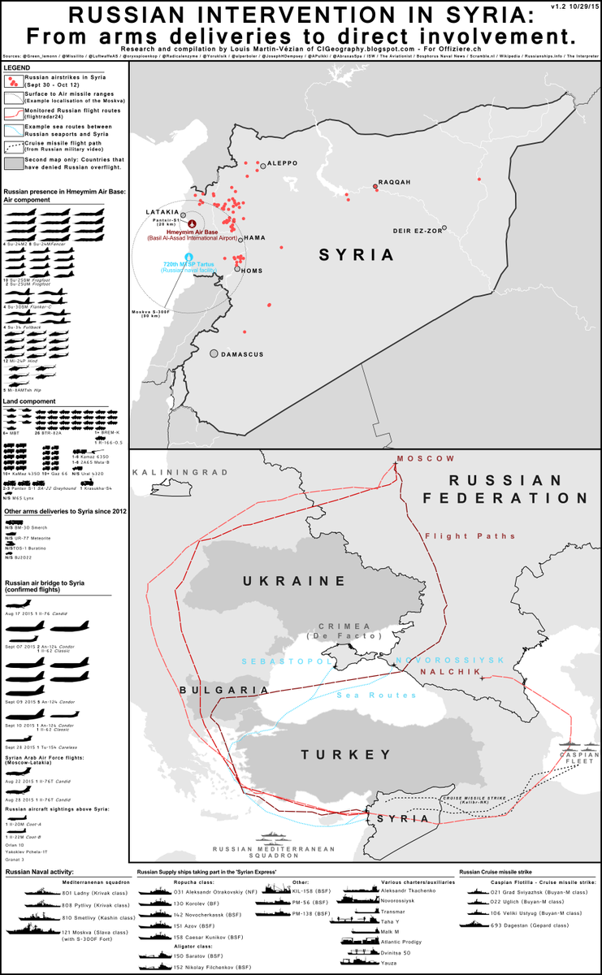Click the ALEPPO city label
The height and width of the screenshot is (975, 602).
click(283, 163)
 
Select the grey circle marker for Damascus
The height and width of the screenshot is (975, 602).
click(214, 353)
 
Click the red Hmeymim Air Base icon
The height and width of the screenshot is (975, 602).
click(192, 223)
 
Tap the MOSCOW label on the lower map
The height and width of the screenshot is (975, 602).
click(426, 458)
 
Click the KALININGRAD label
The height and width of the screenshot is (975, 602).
click(172, 472)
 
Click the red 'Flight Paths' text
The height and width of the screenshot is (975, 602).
click(458, 536)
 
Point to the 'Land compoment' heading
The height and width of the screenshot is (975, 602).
click(30, 401)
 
